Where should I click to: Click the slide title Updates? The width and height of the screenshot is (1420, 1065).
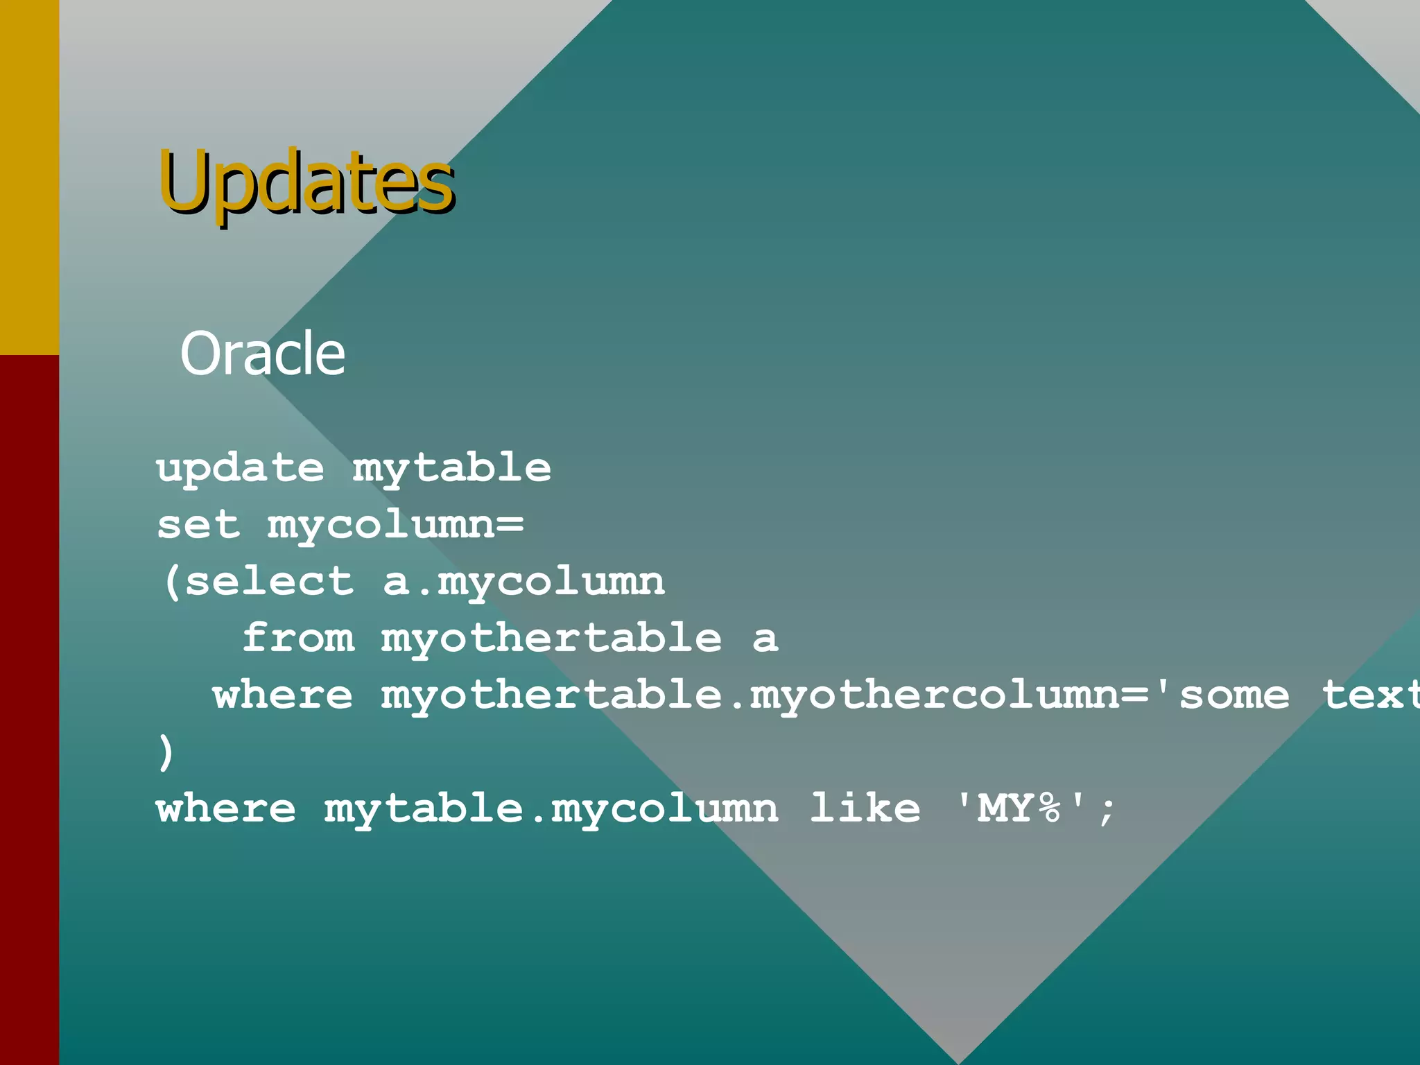click(x=306, y=182)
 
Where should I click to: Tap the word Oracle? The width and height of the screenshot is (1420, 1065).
click(x=263, y=354)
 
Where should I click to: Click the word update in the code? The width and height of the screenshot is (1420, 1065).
click(x=241, y=468)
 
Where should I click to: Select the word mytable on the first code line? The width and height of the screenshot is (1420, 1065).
click(x=452, y=468)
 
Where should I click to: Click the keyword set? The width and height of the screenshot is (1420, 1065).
click(x=198, y=525)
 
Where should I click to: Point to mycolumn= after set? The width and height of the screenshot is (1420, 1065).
click(x=396, y=525)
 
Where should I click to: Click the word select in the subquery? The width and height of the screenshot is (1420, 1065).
click(x=270, y=581)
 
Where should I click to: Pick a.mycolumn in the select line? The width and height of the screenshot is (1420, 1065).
click(x=524, y=581)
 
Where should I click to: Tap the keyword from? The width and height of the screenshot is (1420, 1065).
click(x=298, y=638)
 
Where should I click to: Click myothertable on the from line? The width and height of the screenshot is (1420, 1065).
click(x=551, y=638)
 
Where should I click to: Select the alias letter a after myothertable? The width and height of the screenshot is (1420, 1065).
click(x=765, y=638)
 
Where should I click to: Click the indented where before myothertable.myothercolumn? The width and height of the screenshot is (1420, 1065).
click(x=283, y=695)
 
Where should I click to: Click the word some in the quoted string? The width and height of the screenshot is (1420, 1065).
click(x=1235, y=695)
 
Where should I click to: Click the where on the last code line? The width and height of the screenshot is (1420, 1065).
click(x=227, y=808)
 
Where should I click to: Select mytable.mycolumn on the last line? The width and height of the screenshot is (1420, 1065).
click(x=551, y=808)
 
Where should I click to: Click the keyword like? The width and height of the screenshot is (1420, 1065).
click(x=865, y=808)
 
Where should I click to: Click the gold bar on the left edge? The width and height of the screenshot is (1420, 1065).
click(x=29, y=177)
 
